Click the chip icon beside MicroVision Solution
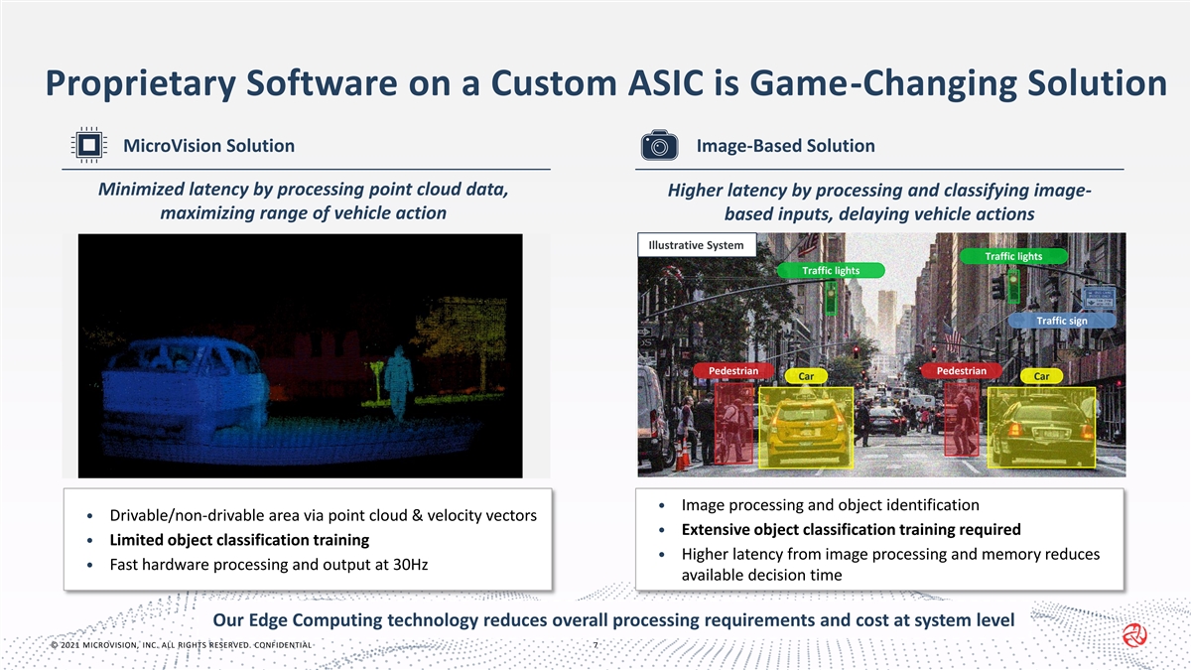pos(88,145)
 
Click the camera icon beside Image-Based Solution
pos(659,145)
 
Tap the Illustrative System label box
pos(697,245)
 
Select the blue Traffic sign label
pos(1062,321)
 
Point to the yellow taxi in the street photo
pos(806,428)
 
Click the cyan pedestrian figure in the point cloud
pos(398,383)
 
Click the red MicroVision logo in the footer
pos(1134,635)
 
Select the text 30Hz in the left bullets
pos(411,564)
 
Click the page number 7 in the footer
pos(595,645)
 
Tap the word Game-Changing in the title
pos(883,84)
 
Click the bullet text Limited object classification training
pos(239,540)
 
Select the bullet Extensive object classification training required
pos(852,530)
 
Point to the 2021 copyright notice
pos(182,645)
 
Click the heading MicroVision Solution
pos(209,146)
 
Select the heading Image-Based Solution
pos(786,146)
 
